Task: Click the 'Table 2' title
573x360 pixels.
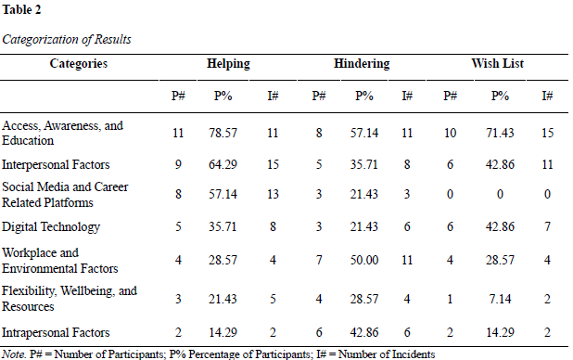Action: (21, 10)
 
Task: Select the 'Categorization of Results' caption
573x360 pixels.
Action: (67, 39)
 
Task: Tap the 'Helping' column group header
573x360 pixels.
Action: (228, 64)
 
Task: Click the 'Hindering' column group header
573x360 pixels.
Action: (362, 64)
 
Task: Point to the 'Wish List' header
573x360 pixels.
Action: (497, 63)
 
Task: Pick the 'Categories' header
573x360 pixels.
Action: (79, 64)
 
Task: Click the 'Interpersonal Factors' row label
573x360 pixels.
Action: (56, 164)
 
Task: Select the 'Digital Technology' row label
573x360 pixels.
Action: (51, 226)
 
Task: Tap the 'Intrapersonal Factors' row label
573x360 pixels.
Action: (56, 332)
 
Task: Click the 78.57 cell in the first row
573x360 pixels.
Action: (223, 133)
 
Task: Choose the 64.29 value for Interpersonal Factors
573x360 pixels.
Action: (223, 164)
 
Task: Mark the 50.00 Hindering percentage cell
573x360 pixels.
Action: (364, 260)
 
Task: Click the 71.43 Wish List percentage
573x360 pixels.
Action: (500, 133)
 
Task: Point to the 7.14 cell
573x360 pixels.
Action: (500, 300)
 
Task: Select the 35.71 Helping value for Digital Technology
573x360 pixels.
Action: (223, 226)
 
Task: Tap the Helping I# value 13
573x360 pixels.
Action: (273, 194)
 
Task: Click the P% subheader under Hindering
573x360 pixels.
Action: (364, 96)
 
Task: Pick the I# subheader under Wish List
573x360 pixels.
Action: (547, 96)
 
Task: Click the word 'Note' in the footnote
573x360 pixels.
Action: (14, 354)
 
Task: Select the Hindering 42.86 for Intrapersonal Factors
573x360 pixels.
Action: (364, 332)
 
